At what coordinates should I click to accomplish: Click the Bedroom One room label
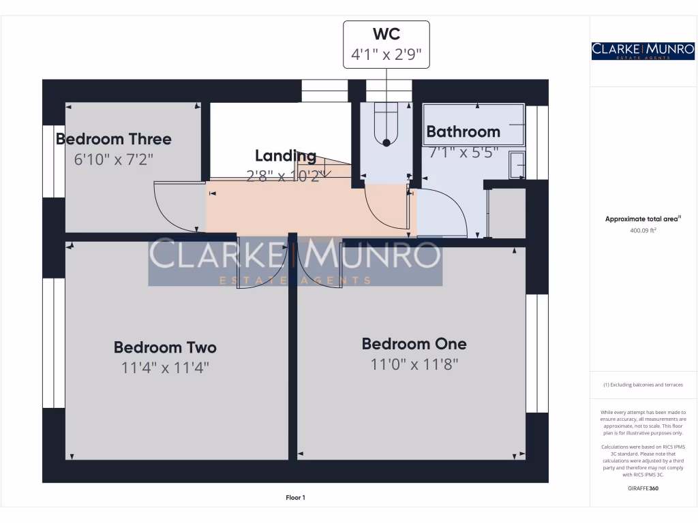click(x=414, y=343)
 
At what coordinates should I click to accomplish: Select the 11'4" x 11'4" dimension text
click(x=165, y=368)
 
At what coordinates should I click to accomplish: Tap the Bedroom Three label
click(x=114, y=139)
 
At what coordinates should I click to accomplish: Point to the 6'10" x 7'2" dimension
click(x=114, y=159)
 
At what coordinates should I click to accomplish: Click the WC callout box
click(x=386, y=44)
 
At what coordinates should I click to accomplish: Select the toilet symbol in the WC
click(x=386, y=126)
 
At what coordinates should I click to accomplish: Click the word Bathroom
click(x=463, y=131)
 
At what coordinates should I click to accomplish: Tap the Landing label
click(x=286, y=155)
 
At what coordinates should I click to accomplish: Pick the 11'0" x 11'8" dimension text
click(x=414, y=364)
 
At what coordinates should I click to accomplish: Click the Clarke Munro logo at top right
click(x=643, y=50)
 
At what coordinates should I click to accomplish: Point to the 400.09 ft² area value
click(x=643, y=230)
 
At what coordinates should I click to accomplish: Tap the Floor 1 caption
click(x=295, y=498)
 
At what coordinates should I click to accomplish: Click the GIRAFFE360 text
click(x=643, y=488)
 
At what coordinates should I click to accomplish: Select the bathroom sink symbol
click(x=517, y=165)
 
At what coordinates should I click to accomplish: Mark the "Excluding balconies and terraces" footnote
click(x=643, y=385)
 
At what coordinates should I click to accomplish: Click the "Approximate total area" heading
click(x=643, y=219)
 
